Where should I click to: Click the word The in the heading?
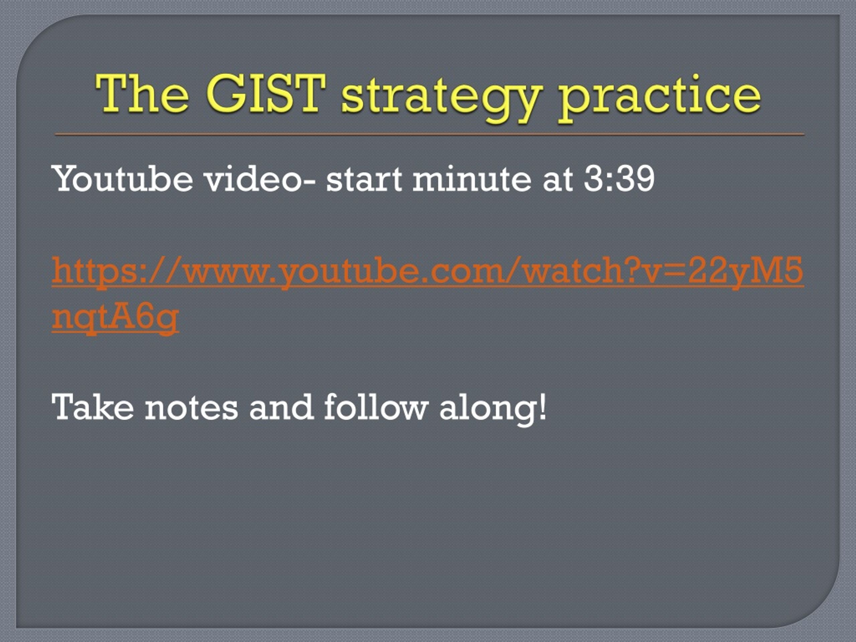click(142, 94)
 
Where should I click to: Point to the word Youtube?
click(122, 179)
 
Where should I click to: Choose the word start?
click(364, 179)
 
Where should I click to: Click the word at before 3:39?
click(558, 179)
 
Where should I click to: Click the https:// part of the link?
click(116, 271)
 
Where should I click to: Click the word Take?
click(93, 407)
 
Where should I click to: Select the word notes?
click(191, 408)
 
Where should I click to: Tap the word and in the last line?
click(281, 407)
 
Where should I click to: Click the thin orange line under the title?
click(430, 134)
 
